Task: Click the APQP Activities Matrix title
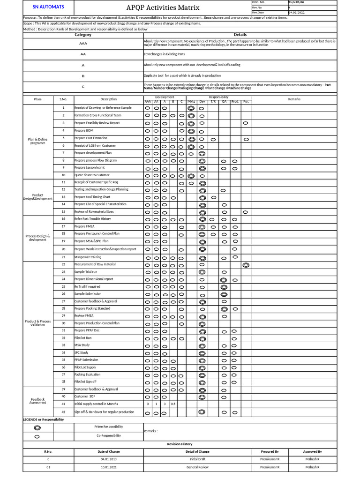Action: (x=163, y=7)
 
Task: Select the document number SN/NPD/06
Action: (x=299, y=3)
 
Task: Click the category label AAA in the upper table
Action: (x=83, y=43)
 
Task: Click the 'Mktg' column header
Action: (x=191, y=101)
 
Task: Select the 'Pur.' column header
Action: (x=246, y=101)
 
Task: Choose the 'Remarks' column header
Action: (x=294, y=99)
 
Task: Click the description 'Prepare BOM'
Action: (x=84, y=130)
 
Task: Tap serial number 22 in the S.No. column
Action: (x=63, y=264)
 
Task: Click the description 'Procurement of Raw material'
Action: (x=95, y=264)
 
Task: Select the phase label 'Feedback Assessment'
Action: (x=38, y=401)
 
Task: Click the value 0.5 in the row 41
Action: (x=173, y=404)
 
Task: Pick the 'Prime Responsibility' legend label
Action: (x=110, y=427)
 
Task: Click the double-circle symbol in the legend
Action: (x=37, y=427)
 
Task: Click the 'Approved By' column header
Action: (x=312, y=451)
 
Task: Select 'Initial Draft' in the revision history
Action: (x=197, y=459)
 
